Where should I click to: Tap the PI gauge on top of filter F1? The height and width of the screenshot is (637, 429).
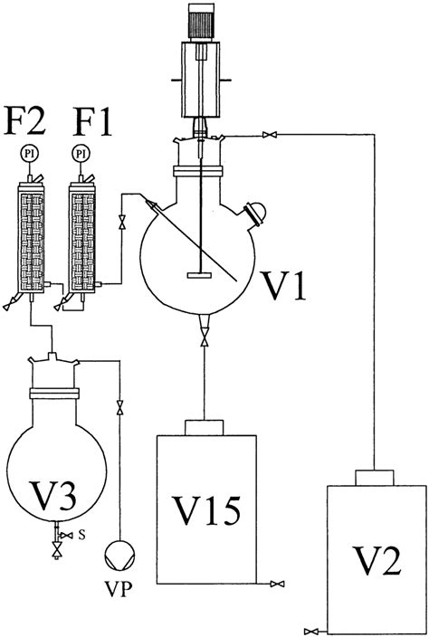[x=81, y=154]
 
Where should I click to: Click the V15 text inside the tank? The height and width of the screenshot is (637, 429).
[x=205, y=509]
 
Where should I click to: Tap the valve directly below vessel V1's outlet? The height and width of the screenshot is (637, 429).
[x=205, y=340]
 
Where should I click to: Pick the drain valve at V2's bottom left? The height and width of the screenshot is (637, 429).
[x=313, y=629]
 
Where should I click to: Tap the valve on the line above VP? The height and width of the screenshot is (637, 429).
[x=118, y=407]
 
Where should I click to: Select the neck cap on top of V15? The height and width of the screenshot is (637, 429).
[x=205, y=427]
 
